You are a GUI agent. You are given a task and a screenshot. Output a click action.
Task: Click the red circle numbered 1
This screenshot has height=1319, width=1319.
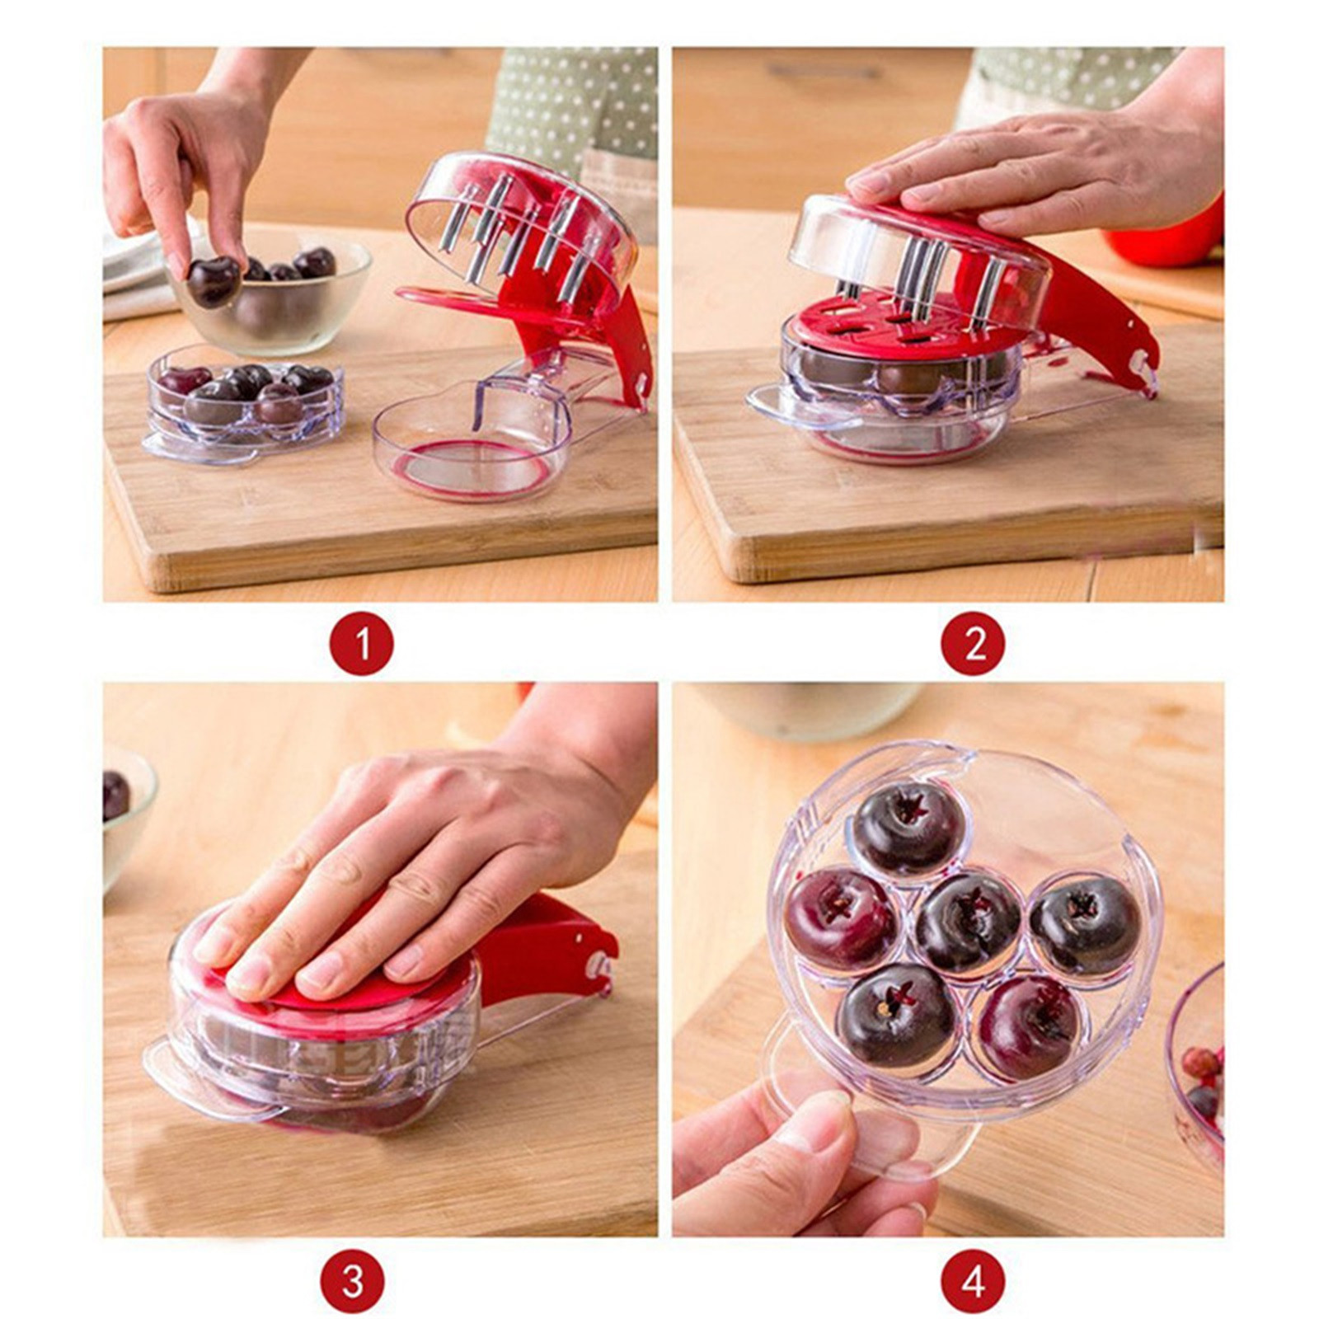click(362, 643)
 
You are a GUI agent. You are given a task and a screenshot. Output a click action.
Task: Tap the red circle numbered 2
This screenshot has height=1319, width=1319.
click(974, 643)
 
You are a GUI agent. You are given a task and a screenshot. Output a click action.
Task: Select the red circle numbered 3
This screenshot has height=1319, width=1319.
click(353, 1282)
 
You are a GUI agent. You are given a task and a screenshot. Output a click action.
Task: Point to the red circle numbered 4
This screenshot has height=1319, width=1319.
click(974, 1282)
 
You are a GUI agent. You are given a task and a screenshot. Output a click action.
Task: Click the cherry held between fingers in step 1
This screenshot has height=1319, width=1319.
click(214, 281)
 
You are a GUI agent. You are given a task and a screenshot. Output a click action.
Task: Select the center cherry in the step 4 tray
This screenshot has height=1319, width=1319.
click(968, 922)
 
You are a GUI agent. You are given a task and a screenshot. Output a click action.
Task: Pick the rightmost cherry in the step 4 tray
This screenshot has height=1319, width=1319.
click(1085, 923)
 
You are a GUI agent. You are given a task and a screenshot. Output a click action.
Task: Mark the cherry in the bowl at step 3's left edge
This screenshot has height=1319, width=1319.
click(115, 796)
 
